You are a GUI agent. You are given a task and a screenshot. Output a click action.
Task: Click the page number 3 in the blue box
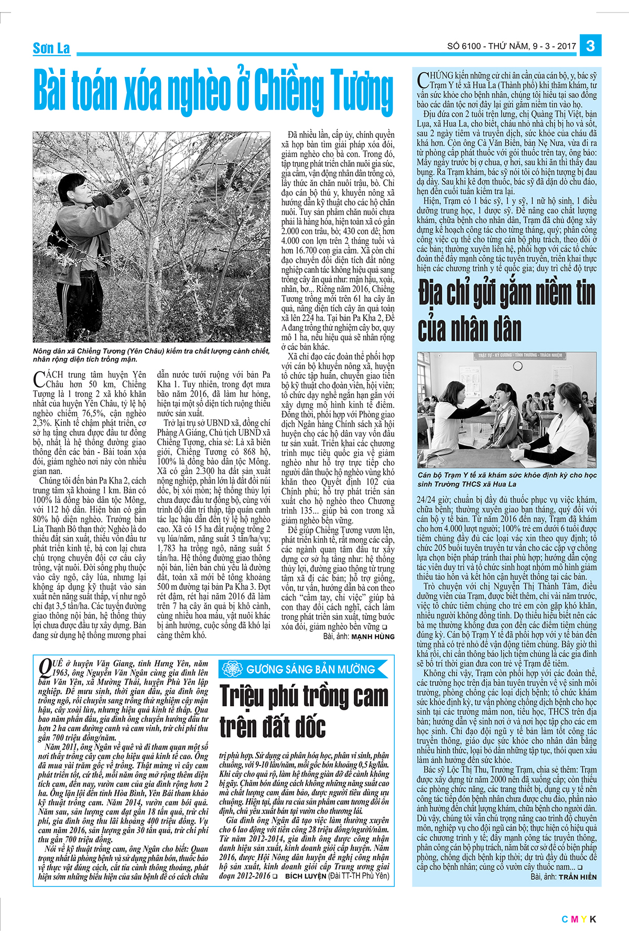[x=591, y=46]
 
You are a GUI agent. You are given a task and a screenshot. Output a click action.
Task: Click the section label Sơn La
[x=51, y=49]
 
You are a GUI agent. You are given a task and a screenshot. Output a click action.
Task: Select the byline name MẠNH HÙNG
[x=373, y=637]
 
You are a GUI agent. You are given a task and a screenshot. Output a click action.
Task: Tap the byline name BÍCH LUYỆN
[x=305, y=876]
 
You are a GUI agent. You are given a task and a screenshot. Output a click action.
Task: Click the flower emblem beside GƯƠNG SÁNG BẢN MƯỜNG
[x=231, y=669]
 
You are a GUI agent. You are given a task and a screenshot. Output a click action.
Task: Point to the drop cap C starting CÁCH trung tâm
[x=39, y=379]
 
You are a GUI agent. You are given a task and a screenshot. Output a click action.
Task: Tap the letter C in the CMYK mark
[x=565, y=919]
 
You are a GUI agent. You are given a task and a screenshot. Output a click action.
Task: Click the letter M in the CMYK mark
[x=573, y=919]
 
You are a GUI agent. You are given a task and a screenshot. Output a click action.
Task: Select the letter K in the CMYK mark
[x=592, y=919]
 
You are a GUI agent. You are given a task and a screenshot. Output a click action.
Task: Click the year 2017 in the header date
[x=566, y=46]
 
